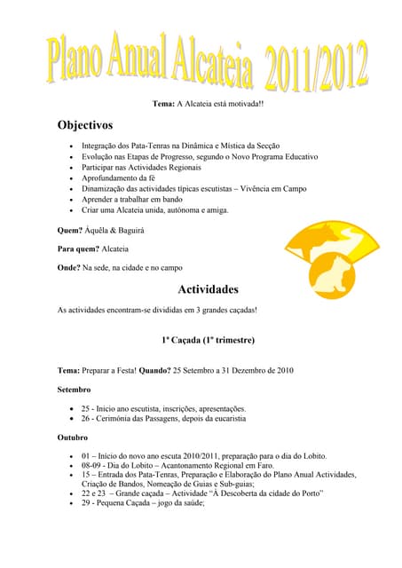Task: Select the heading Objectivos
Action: pyautogui.click(x=91, y=125)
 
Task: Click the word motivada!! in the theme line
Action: pyautogui.click(x=243, y=104)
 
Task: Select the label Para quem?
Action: pyautogui.click(x=78, y=249)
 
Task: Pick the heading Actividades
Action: pyautogui.click(x=208, y=289)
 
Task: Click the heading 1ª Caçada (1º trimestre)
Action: pyautogui.click(x=208, y=340)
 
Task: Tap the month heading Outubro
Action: pyautogui.click(x=73, y=437)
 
